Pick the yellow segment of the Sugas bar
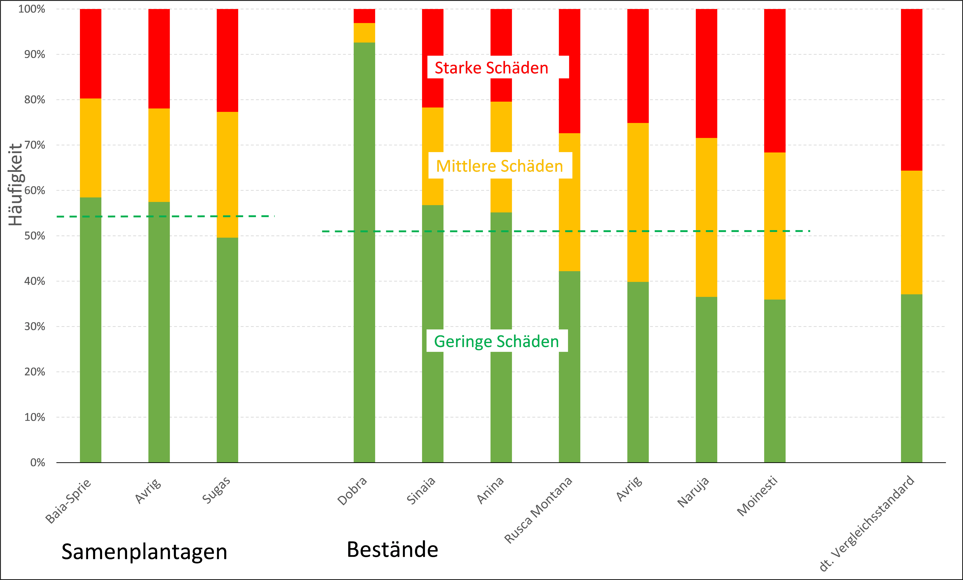click(x=227, y=175)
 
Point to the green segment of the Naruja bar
click(x=706, y=379)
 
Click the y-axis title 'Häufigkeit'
click(x=16, y=185)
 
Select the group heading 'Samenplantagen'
click(x=144, y=551)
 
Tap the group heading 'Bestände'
click(x=392, y=550)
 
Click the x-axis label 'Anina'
click(x=490, y=491)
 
